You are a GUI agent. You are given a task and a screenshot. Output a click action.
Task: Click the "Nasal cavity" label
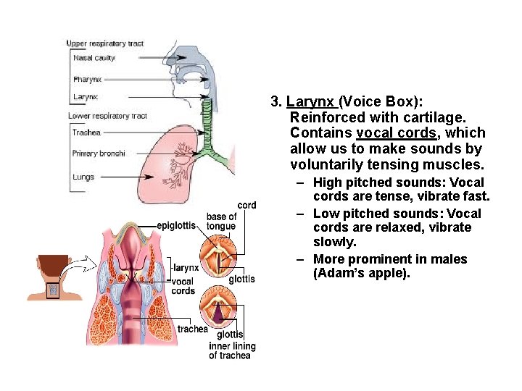tap(94, 58)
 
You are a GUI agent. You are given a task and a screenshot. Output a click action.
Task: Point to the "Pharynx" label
tap(88, 79)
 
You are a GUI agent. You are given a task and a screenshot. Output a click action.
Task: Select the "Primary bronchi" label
tap(99, 154)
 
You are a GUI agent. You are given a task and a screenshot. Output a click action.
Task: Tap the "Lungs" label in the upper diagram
tap(83, 177)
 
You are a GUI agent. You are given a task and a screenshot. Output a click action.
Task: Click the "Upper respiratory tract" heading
tap(105, 43)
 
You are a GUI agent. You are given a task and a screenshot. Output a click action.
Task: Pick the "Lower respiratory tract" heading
tap(107, 116)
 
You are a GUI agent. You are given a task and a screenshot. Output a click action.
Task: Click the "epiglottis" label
tap(176, 225)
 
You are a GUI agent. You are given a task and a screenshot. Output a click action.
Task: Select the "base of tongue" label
tap(221, 221)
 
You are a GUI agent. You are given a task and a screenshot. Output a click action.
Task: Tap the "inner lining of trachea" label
tap(229, 350)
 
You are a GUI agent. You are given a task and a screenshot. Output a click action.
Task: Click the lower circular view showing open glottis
tap(223, 305)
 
